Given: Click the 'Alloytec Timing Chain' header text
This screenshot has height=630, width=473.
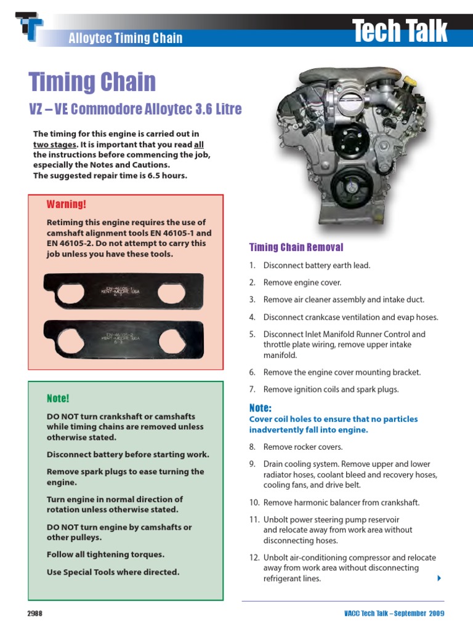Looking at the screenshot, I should pos(125,38).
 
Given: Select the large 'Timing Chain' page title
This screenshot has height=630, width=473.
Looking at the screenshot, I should pos(92,82).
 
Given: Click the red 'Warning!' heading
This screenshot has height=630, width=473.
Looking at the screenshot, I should pos(67,204).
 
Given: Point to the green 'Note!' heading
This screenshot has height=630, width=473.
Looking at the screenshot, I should pos(58,398).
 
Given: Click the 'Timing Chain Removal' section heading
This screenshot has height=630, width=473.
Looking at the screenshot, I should pos(296,247).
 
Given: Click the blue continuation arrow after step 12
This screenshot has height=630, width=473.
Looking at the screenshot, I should pos(439,578).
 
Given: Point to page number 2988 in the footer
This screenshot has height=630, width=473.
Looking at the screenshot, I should pos(34,614).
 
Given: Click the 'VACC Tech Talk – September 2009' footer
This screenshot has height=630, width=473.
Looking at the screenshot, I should pos(394,614).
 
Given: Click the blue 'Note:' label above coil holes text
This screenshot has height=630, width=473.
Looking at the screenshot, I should pos(261,408).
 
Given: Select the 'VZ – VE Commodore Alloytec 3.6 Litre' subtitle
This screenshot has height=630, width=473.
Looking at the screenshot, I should pos(135,110).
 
